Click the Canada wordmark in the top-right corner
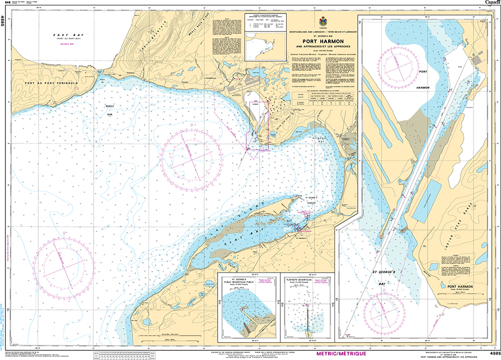tap(492, 3)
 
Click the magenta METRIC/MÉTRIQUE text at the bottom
tap(342, 354)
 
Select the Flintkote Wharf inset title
tap(307, 280)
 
